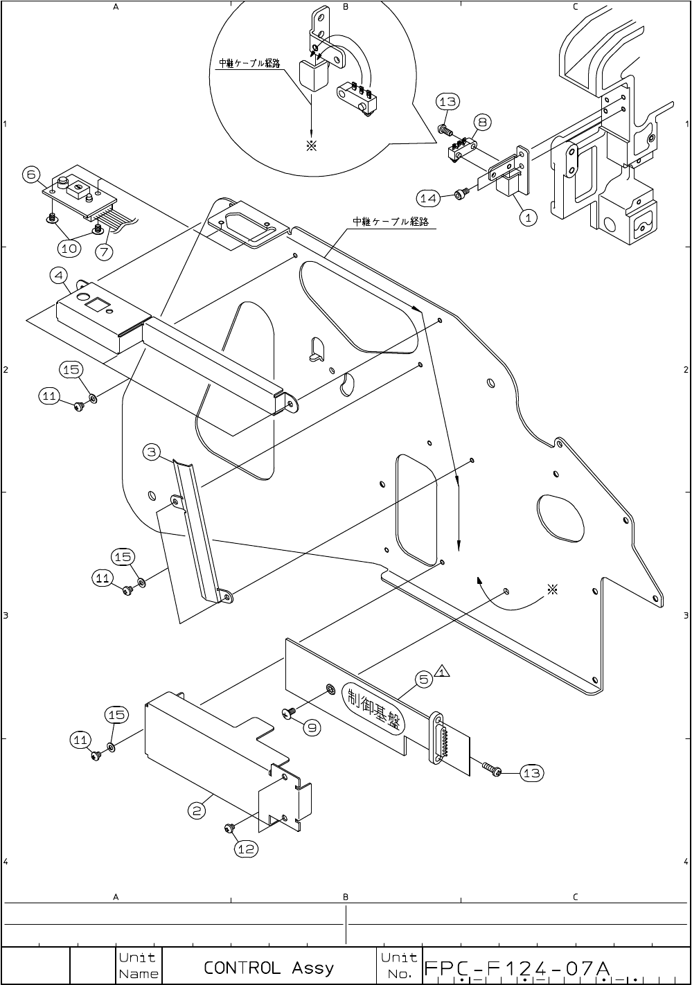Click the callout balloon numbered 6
[x=30, y=175]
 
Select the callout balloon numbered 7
[x=104, y=251]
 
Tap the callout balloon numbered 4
[x=58, y=276]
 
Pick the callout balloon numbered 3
[x=152, y=453]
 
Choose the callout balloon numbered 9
[x=312, y=728]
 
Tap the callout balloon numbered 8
[x=482, y=123]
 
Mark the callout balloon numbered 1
[x=528, y=218]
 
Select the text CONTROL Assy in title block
[x=269, y=967]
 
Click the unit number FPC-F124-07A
[x=515, y=967]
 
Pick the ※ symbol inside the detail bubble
[x=312, y=146]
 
